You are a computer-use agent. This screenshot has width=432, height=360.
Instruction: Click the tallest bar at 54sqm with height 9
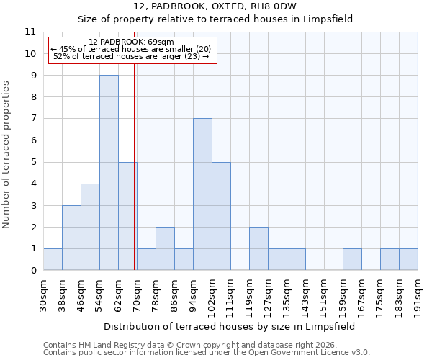[109, 173]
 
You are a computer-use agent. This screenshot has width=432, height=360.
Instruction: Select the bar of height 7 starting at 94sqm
[202, 194]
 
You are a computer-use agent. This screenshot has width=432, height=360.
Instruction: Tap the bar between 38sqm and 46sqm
[71, 238]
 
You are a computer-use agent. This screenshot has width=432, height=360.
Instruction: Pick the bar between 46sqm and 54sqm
[90, 227]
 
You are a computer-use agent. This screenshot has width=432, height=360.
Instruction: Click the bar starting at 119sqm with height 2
[258, 248]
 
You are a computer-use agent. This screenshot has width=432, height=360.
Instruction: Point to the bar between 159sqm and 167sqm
[352, 260]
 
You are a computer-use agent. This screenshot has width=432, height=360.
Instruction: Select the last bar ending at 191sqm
[408, 260]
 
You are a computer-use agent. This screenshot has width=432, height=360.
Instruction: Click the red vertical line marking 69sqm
[135, 180]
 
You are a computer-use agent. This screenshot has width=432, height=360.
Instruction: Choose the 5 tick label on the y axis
[33, 162]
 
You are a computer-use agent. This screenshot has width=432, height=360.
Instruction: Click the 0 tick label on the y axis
[33, 271]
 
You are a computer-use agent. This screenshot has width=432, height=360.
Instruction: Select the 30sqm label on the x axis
[43, 294]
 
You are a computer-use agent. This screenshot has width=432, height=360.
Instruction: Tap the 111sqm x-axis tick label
[230, 296]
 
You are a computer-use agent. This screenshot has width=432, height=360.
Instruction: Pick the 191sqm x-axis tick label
[418, 296]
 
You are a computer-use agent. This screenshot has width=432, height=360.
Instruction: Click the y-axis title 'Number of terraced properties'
[6, 155]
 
